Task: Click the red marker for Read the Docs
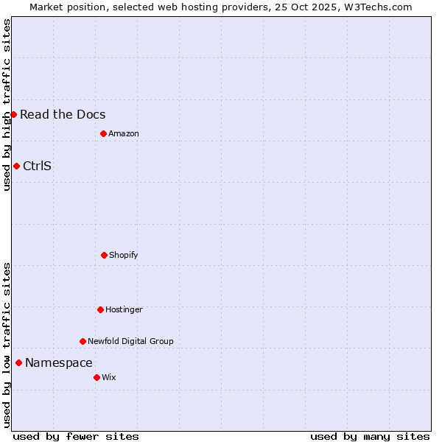pos(13,114)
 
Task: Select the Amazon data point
pos(103,133)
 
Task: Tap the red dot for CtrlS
pos(16,166)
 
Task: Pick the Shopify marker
pos(104,255)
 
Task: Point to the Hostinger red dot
pos(100,309)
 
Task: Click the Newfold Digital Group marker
pos(83,341)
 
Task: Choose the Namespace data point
pos(18,362)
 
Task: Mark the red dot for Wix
pos(97,377)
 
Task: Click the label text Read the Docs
pos(63,114)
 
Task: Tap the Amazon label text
pos(124,133)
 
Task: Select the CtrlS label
pos(37,166)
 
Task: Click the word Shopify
pos(124,255)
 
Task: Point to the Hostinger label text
pos(124,309)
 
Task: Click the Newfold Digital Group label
pos(130,341)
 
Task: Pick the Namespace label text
pos(59,362)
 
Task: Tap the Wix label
pos(109,377)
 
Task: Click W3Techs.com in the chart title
pos(376,7)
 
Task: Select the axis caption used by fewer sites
pos(76,436)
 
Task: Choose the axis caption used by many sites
pos(370,436)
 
